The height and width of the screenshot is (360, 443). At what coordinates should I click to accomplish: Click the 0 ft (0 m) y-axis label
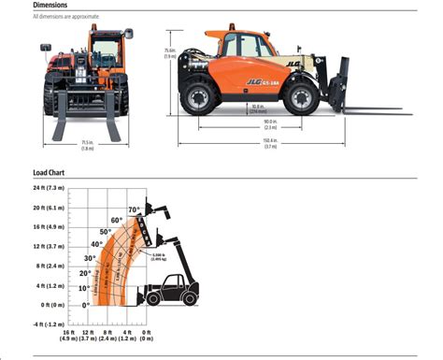43,305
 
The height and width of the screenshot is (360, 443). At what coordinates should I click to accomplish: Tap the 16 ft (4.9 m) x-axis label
67,336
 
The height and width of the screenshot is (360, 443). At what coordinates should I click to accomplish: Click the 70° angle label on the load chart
134,209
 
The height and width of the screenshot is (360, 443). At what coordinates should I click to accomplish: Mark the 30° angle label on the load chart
90,257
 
